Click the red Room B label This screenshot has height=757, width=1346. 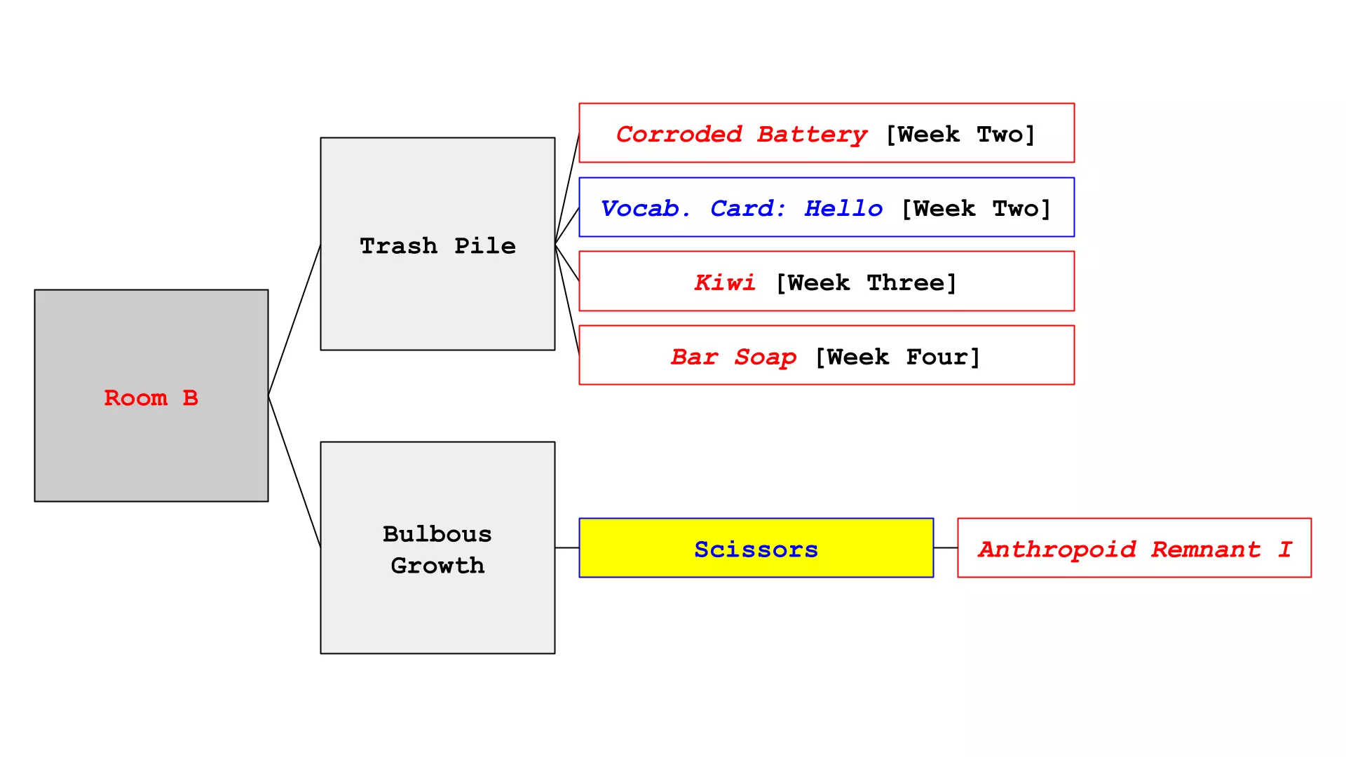tap(151, 397)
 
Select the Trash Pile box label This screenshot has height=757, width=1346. tap(437, 245)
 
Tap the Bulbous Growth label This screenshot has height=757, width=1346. tap(437, 549)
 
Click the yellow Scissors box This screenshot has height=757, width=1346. tap(756, 548)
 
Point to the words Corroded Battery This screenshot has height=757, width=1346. tap(741, 134)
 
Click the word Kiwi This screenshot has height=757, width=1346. tap(724, 282)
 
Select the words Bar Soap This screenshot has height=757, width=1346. tap(733, 357)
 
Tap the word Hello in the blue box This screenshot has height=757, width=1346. tap(843, 208)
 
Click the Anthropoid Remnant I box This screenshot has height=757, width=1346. tap(1134, 548)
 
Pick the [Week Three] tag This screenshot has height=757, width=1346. tap(866, 282)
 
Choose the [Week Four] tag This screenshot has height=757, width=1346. tap(897, 357)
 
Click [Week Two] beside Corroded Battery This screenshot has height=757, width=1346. tap(960, 134)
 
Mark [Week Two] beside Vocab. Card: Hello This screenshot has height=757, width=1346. tap(976, 208)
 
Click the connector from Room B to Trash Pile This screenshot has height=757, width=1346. tap(294, 320)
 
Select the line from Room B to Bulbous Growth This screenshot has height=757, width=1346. tap(294, 472)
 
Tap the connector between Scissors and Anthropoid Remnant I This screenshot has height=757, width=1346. tap(945, 547)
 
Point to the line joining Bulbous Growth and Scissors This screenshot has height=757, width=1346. tap(566, 547)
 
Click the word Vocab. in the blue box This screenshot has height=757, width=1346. tap(645, 208)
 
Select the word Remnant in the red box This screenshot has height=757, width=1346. tap(1205, 549)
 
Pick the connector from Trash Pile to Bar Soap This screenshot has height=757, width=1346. tap(567, 299)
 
